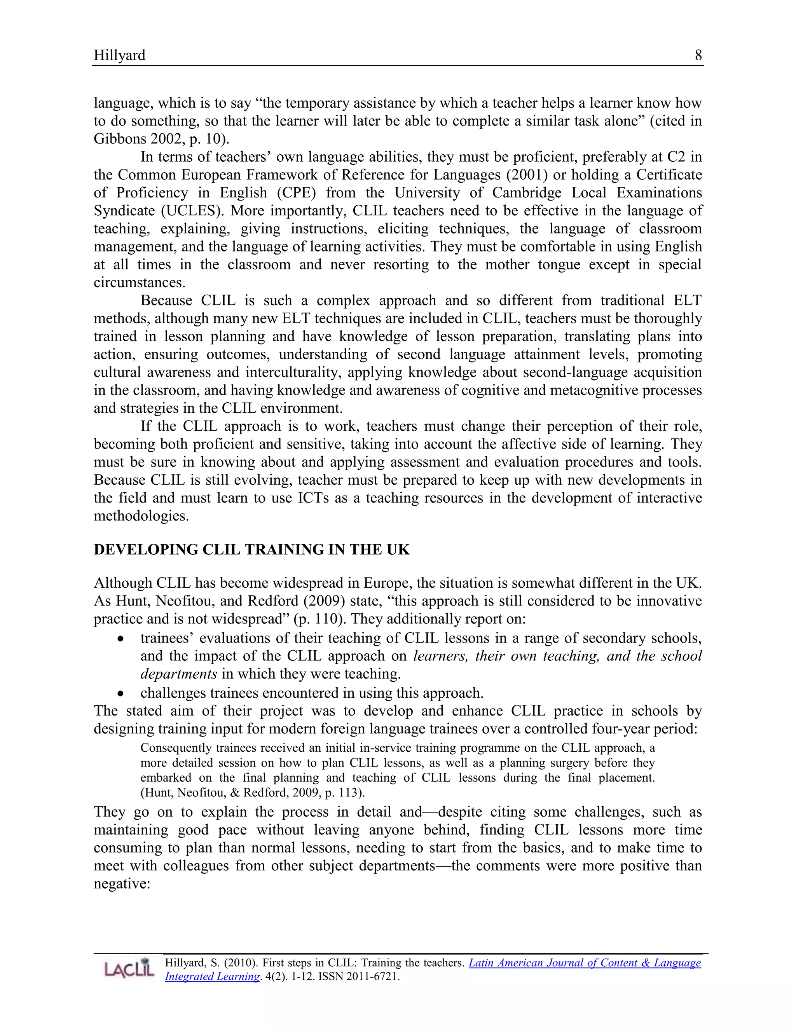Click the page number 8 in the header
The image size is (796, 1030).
pos(698,56)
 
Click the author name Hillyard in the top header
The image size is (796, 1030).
pos(119,56)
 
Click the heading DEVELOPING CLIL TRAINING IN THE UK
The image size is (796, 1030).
pos(251,550)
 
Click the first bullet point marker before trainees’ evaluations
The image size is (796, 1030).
pos(121,639)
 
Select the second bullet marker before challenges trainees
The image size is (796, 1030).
pos(121,694)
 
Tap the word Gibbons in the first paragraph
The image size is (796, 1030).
pos(120,139)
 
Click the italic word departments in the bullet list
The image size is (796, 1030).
pos(179,674)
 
